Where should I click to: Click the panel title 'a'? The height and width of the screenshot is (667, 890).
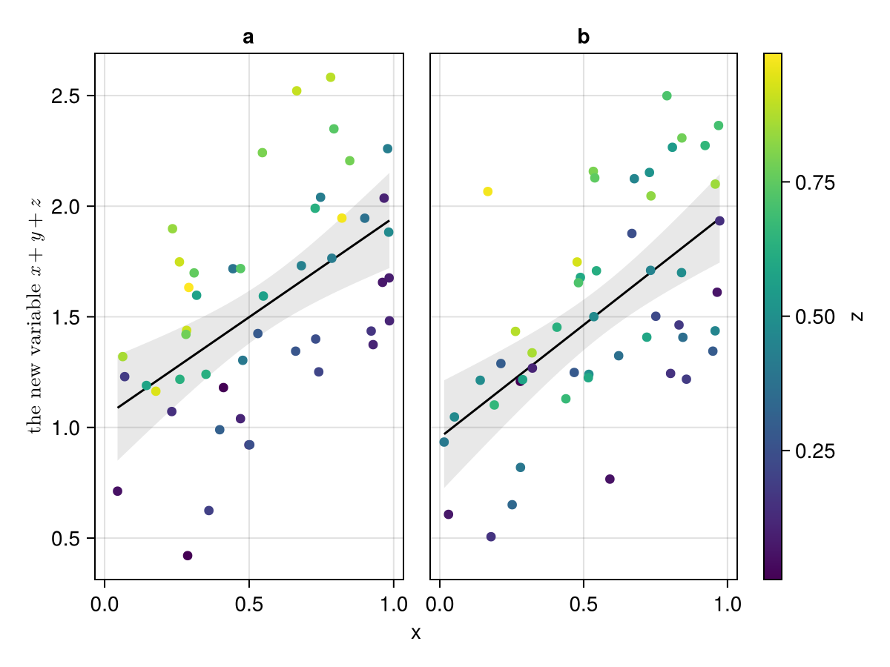tap(248, 37)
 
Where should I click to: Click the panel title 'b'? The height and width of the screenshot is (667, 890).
tap(584, 37)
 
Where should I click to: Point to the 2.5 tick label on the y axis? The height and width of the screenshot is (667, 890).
tap(67, 96)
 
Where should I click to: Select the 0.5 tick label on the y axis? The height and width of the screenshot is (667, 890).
tap(67, 539)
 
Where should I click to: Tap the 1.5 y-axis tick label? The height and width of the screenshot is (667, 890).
tap(67, 317)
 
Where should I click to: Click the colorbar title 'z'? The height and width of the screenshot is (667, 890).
tap(857, 316)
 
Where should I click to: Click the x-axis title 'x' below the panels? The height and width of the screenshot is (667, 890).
tap(416, 633)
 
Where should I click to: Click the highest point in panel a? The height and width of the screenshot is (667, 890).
tap(331, 77)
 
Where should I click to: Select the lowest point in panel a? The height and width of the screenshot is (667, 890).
tap(188, 556)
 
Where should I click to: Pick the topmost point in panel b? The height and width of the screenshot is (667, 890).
tap(667, 96)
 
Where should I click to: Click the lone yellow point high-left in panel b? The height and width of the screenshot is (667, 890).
tap(487, 191)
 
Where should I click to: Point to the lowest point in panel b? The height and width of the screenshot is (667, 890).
tap(491, 537)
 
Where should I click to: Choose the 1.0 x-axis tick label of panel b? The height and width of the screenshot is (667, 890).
tap(728, 604)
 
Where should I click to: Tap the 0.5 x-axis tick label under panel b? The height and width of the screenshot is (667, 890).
tap(584, 604)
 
